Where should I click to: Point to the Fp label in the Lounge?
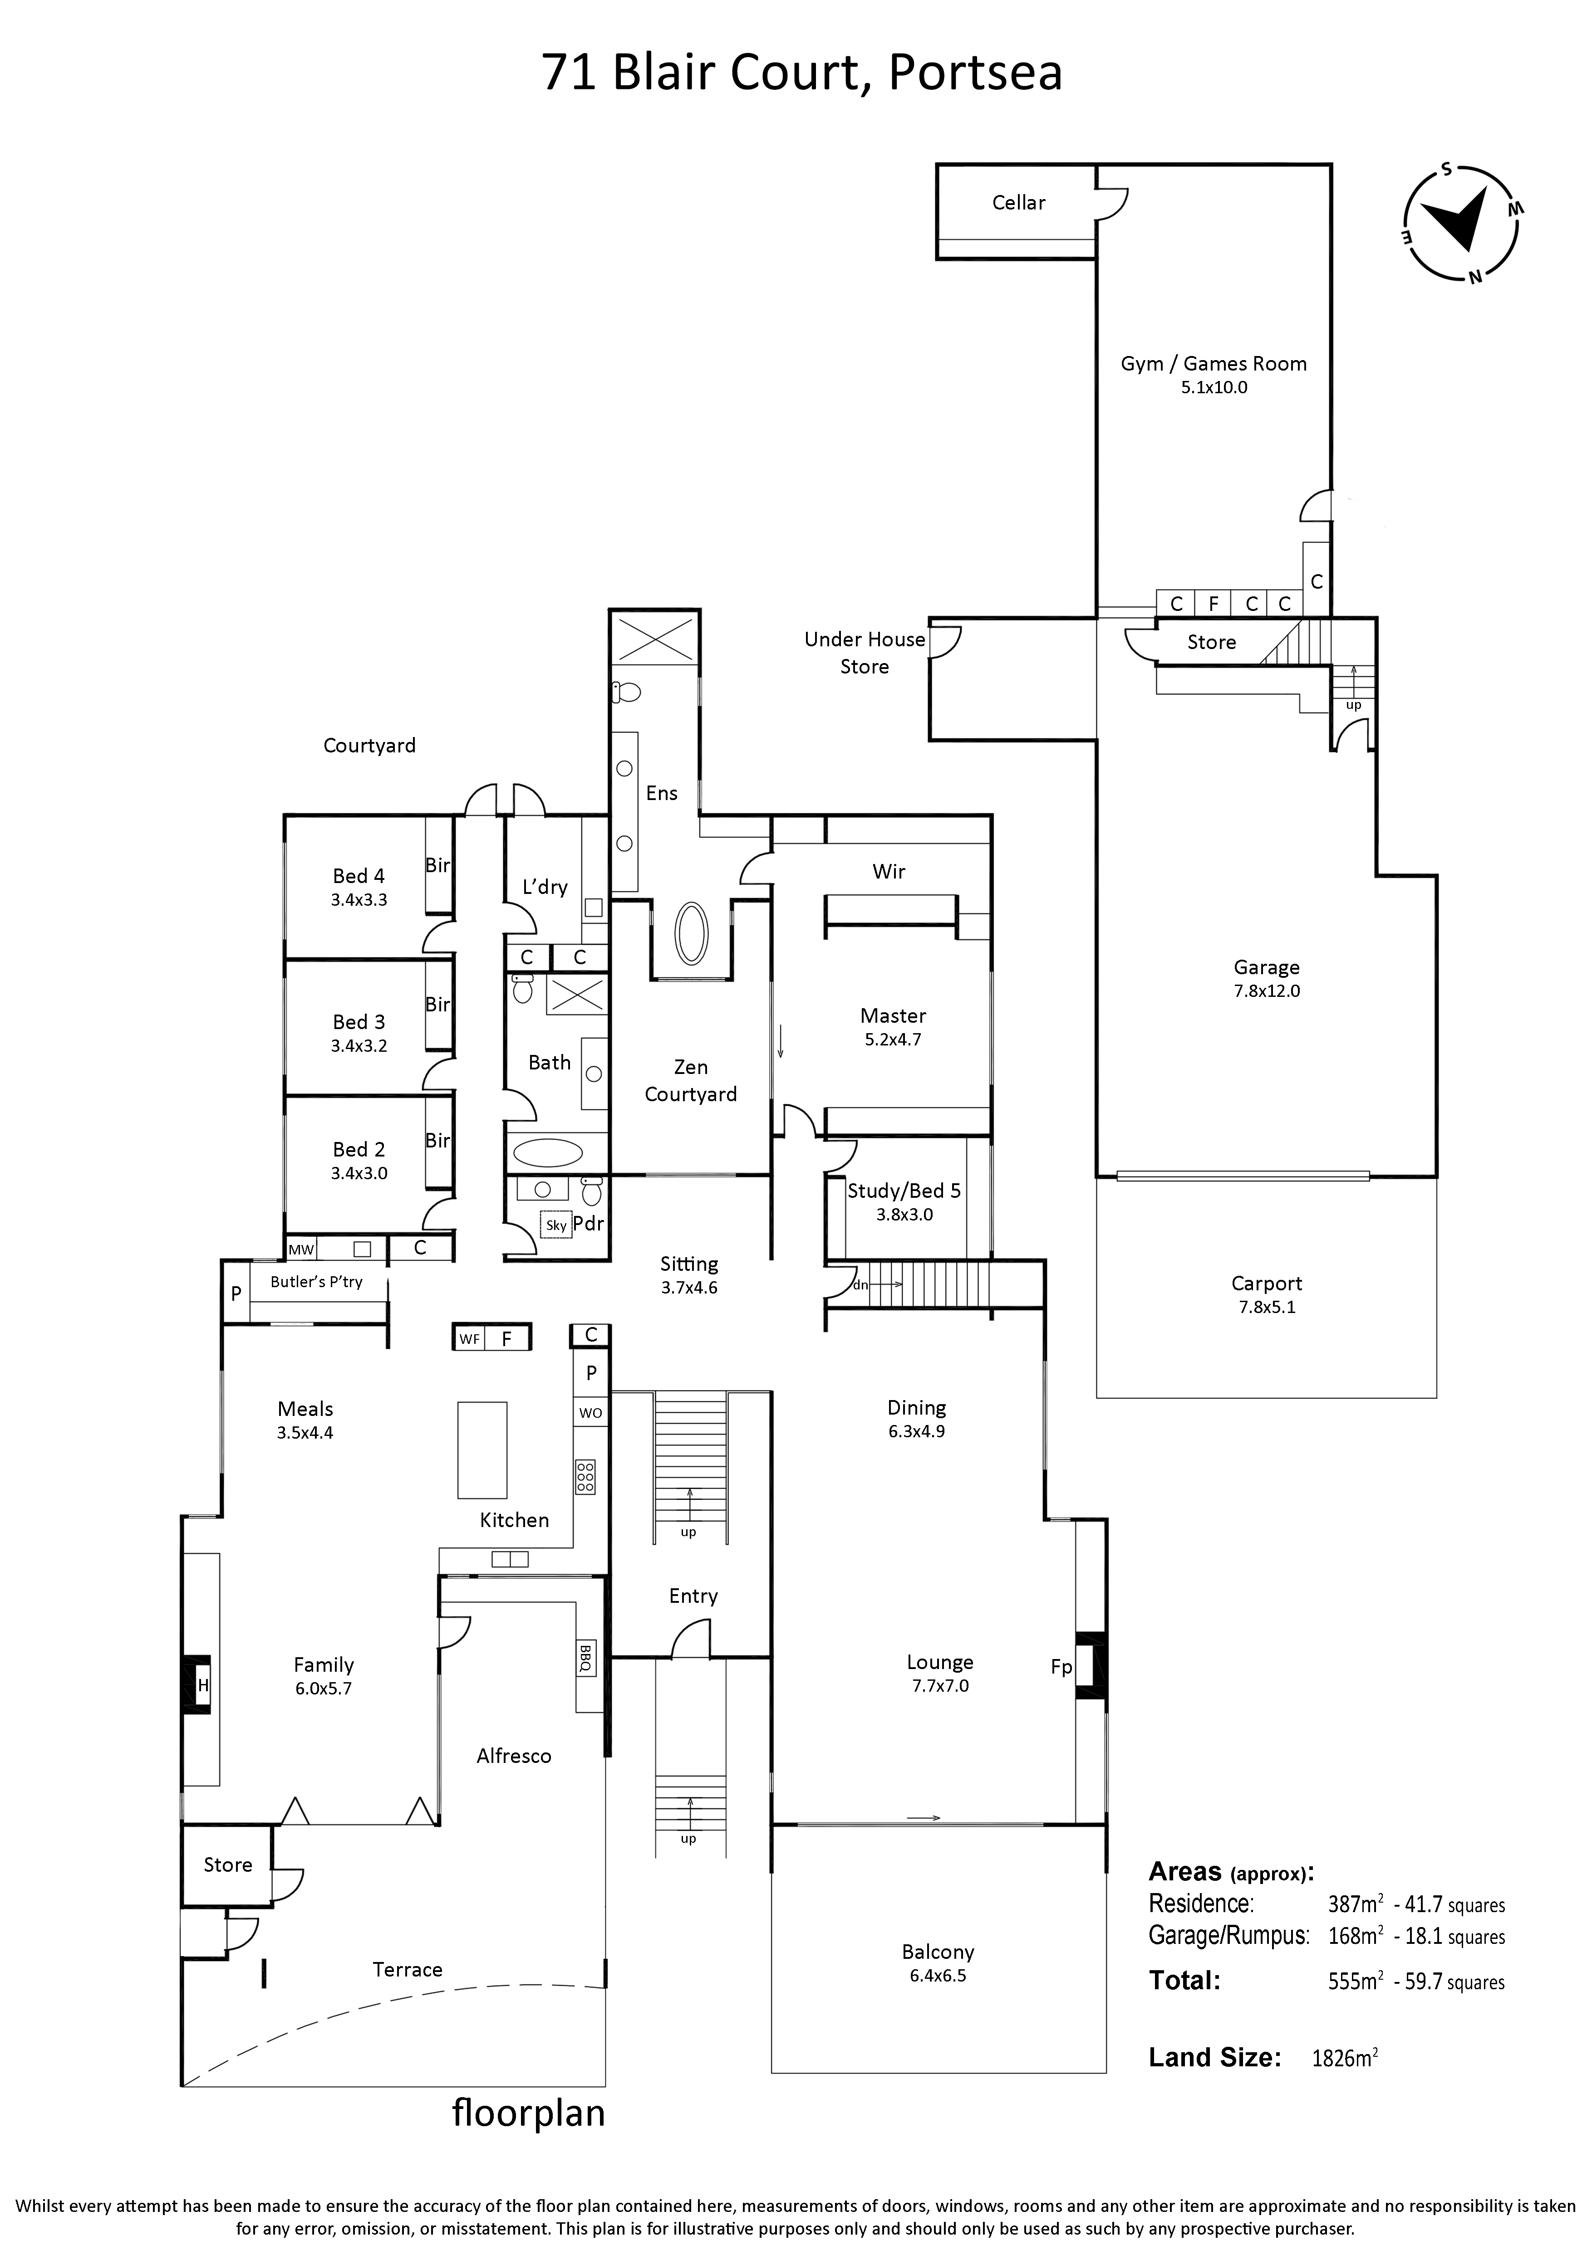pos(1061,1666)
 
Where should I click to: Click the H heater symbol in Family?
pos(203,1684)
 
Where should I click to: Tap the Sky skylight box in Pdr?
pos(556,1225)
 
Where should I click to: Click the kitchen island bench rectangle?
pos(482,1450)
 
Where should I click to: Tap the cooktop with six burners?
pos(585,1477)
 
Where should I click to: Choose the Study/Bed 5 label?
pos(903,1191)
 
